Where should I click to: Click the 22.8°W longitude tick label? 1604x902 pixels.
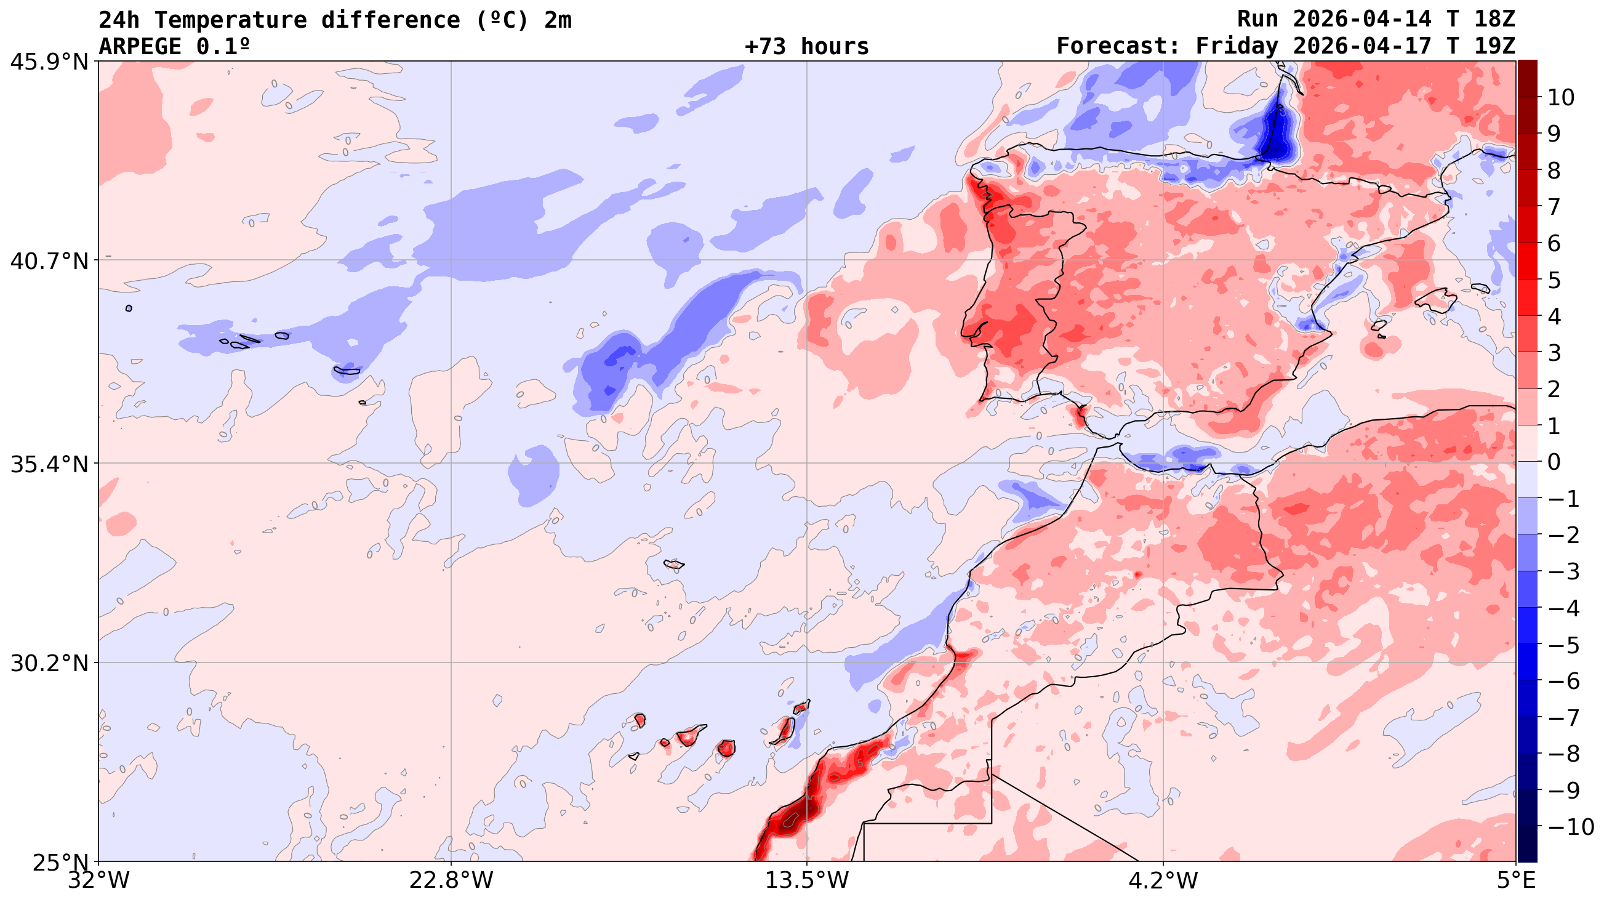click(451, 880)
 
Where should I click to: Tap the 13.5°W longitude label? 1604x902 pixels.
click(807, 880)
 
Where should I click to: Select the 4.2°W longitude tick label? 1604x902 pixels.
click(1163, 880)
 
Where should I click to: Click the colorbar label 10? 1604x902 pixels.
click(1561, 97)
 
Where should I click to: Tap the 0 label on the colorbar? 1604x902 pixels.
click(1554, 462)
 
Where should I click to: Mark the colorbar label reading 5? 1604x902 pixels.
click(1554, 280)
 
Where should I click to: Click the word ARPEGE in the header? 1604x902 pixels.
click(140, 47)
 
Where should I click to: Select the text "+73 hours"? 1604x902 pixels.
click(806, 47)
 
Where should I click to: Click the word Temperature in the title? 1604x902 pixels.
click(230, 20)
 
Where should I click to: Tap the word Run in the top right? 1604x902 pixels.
click(1257, 19)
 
